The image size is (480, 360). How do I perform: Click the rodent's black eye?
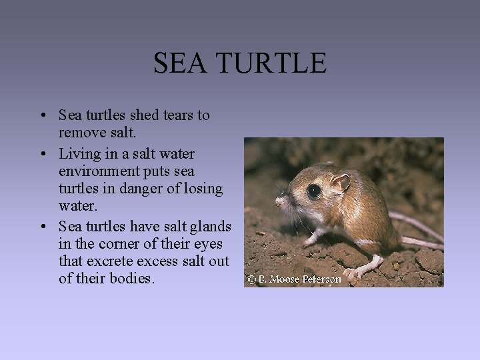313,191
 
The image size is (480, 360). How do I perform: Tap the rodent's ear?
341,181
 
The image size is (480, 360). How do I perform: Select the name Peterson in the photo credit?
322,279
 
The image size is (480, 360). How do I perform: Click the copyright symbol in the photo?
251,279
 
